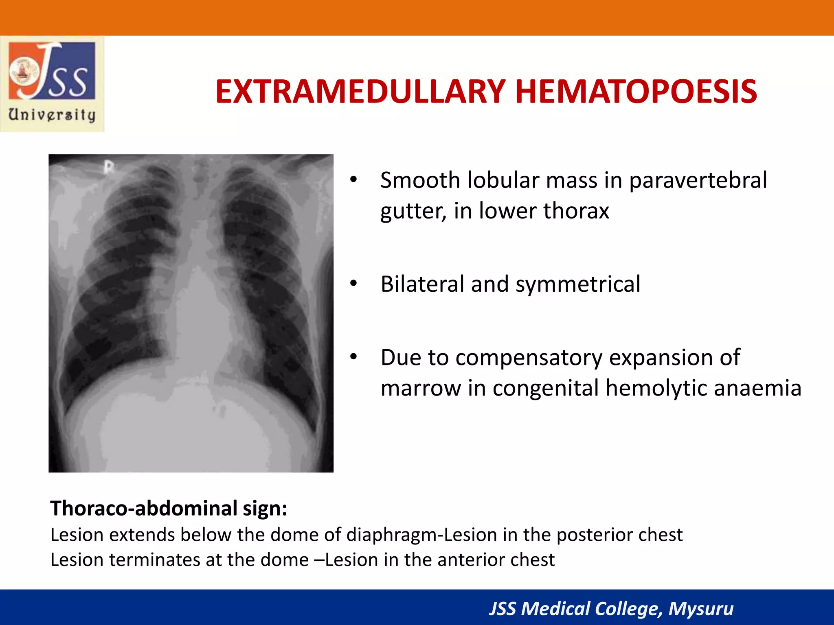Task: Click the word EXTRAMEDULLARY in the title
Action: coord(360,92)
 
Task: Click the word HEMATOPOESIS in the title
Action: coord(636,92)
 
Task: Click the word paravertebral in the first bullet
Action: coord(698,180)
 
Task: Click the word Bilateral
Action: coord(422,284)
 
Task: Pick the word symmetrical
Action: coord(578,284)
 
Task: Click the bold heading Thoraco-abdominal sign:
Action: coord(169,508)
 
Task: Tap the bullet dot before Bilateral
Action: coord(353,283)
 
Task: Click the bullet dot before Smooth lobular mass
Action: coord(353,179)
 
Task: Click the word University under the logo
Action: coord(52,115)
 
